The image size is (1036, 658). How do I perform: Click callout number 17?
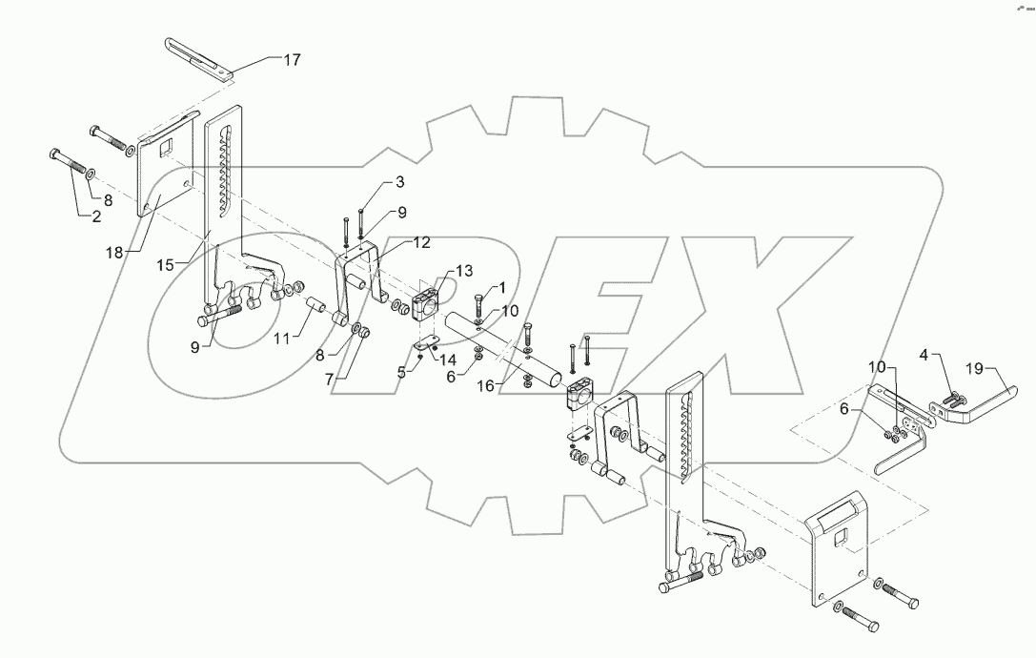(291, 60)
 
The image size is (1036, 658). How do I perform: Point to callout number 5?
(401, 370)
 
